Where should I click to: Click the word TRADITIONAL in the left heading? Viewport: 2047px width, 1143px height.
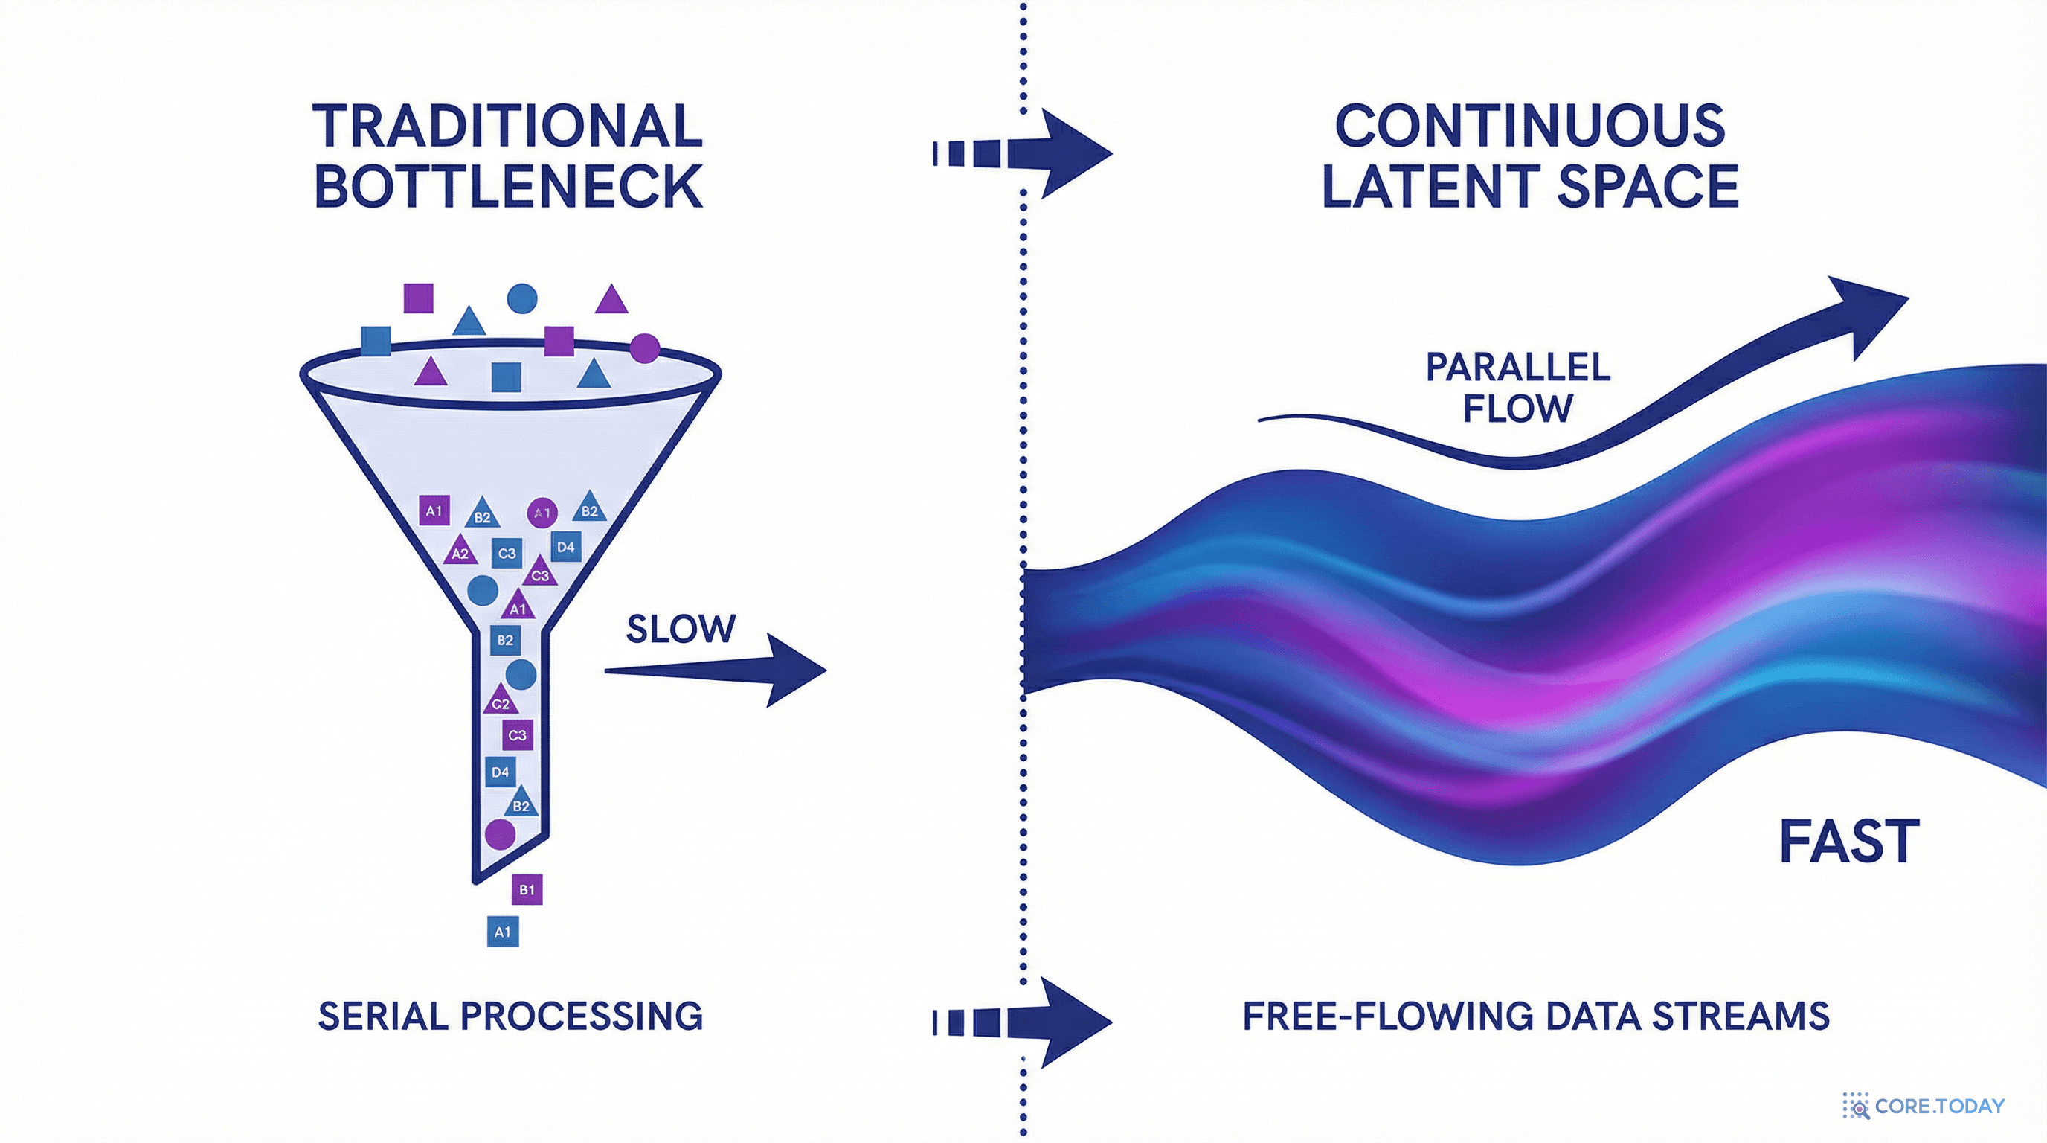[x=509, y=126]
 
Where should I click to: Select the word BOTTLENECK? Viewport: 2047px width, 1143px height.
[x=509, y=187]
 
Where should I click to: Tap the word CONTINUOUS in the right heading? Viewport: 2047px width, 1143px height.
[x=1530, y=126]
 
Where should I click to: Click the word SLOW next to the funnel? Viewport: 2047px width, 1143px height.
[x=681, y=630]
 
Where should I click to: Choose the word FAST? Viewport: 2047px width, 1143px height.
[x=1849, y=842]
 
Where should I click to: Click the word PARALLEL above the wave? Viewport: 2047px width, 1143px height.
[x=1517, y=367]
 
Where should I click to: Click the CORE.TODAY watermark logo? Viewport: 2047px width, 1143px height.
[x=1923, y=1106]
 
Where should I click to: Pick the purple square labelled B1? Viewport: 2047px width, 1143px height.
[x=527, y=889]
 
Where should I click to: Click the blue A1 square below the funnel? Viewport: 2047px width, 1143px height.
[x=502, y=932]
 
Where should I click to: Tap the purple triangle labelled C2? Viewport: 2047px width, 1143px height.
[x=501, y=701]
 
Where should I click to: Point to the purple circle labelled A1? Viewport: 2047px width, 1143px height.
[x=542, y=513]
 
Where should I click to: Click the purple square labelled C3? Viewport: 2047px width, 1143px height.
[x=517, y=735]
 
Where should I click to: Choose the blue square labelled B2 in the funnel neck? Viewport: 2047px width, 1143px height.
[x=505, y=640]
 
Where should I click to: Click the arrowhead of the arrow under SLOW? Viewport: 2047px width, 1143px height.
[x=794, y=670]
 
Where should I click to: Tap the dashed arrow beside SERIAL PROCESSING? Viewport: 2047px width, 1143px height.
[x=1025, y=1022]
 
